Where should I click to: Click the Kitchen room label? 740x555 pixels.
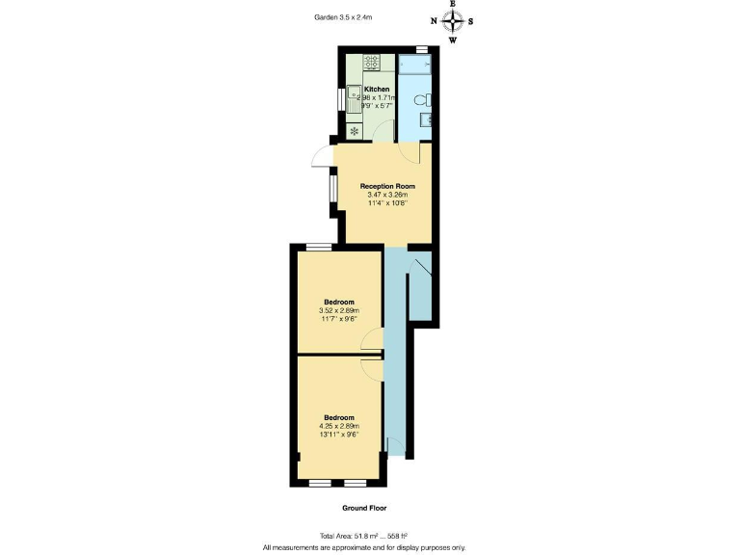click(377, 89)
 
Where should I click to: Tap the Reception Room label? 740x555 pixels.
click(387, 185)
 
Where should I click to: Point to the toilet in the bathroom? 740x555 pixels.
click(421, 98)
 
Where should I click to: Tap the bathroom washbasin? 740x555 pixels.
click(425, 121)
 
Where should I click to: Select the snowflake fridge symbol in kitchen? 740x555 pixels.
click(354, 130)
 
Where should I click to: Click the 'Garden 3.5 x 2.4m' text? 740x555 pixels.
click(344, 16)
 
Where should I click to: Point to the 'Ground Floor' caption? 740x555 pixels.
click(364, 507)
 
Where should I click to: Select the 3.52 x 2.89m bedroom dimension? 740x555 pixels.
click(338, 311)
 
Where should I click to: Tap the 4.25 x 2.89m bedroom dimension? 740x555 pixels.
click(338, 426)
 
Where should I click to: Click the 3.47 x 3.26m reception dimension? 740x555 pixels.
click(387, 195)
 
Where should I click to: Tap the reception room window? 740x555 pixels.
click(333, 189)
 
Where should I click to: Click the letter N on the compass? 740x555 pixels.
click(434, 20)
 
